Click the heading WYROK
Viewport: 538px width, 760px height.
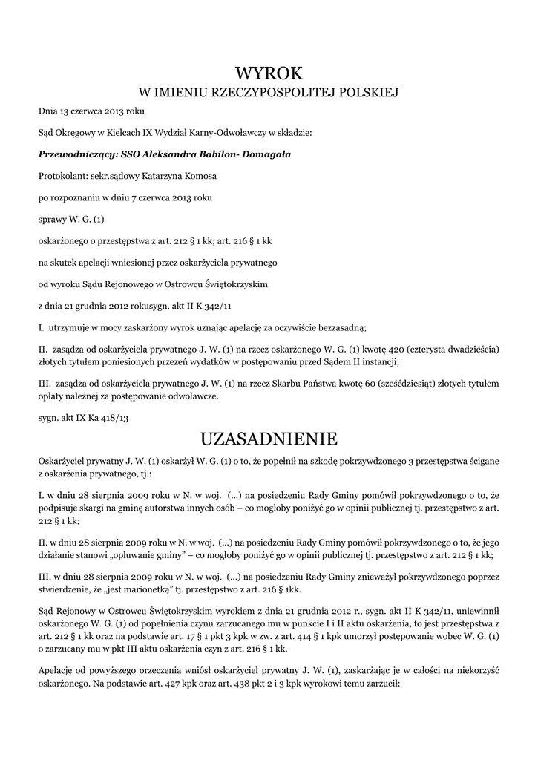tap(269, 73)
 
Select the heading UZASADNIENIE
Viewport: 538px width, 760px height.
tap(269, 439)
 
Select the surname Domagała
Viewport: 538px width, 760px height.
tap(264, 154)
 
